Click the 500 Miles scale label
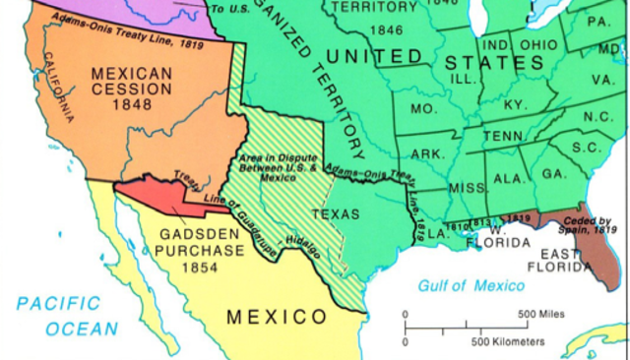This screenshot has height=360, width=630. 536,314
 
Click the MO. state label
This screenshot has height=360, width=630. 424,107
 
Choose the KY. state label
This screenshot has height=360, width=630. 516,103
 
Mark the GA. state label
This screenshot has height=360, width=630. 554,173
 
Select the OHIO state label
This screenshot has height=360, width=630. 538,46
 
